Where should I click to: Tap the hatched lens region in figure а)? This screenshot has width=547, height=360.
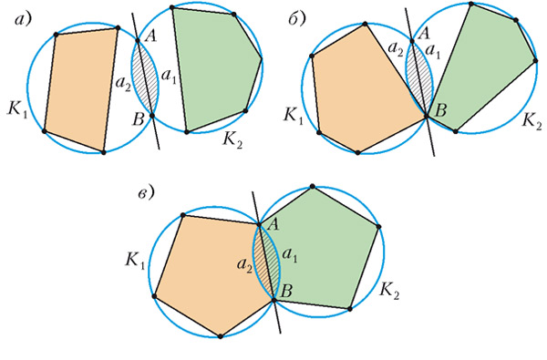pyautogui.click(x=146, y=77)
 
